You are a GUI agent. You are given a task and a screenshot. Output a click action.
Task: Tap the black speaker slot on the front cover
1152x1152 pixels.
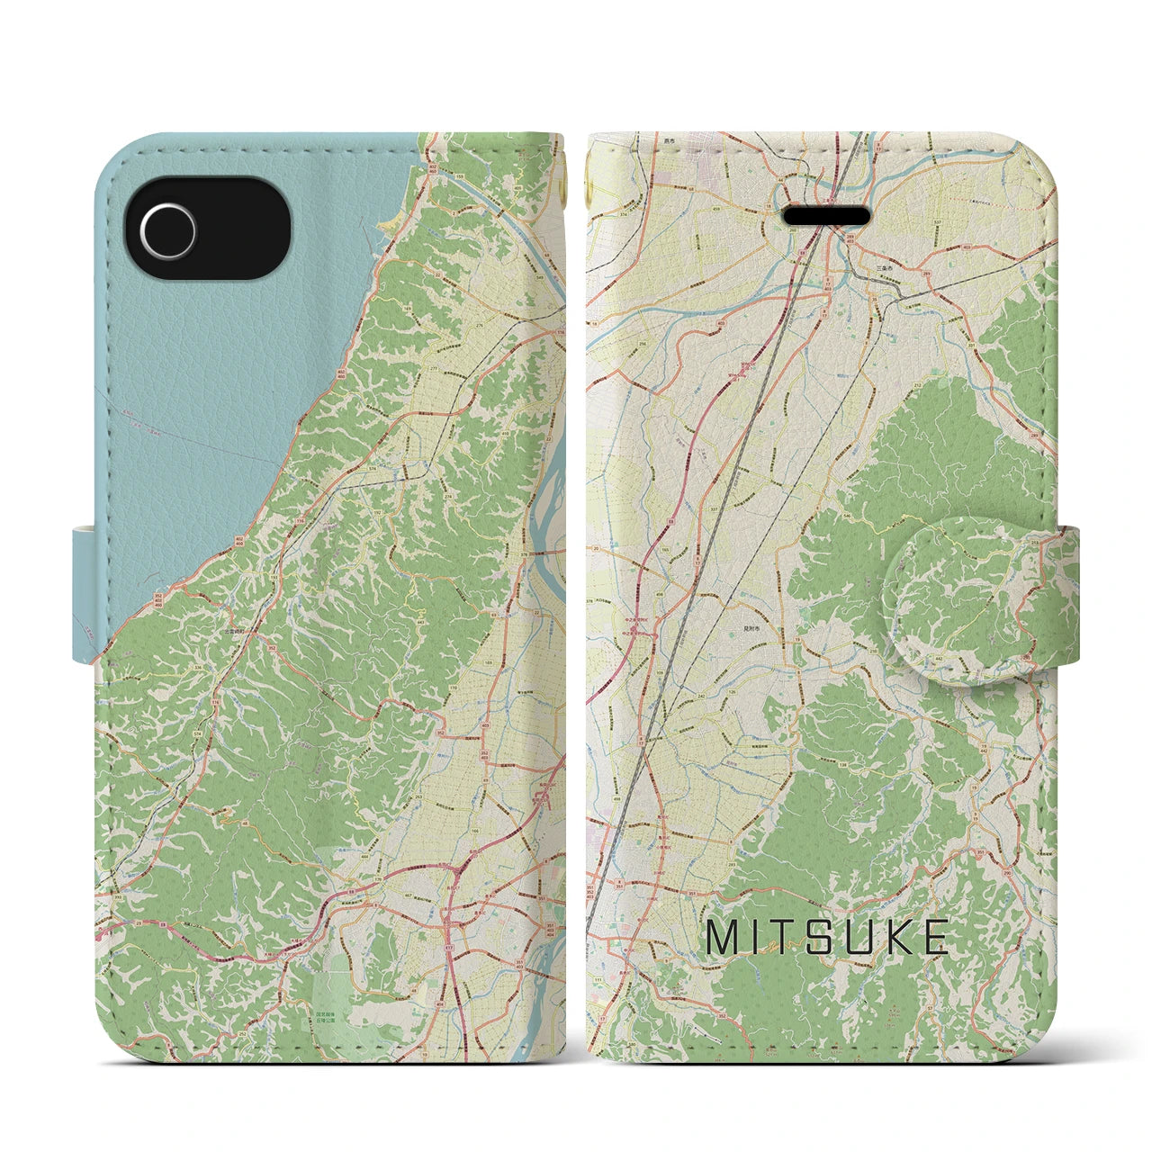[827, 218]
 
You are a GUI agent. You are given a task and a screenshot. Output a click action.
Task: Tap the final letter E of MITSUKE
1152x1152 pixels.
[934, 938]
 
